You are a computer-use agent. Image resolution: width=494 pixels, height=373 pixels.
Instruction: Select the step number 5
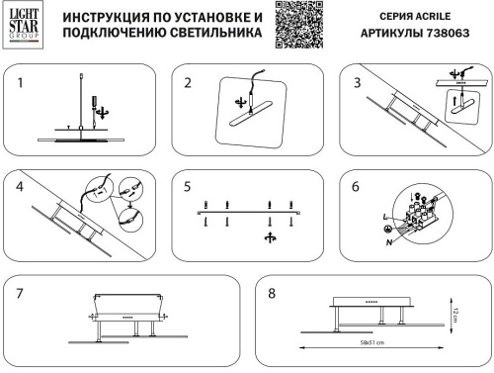tap(187, 185)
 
